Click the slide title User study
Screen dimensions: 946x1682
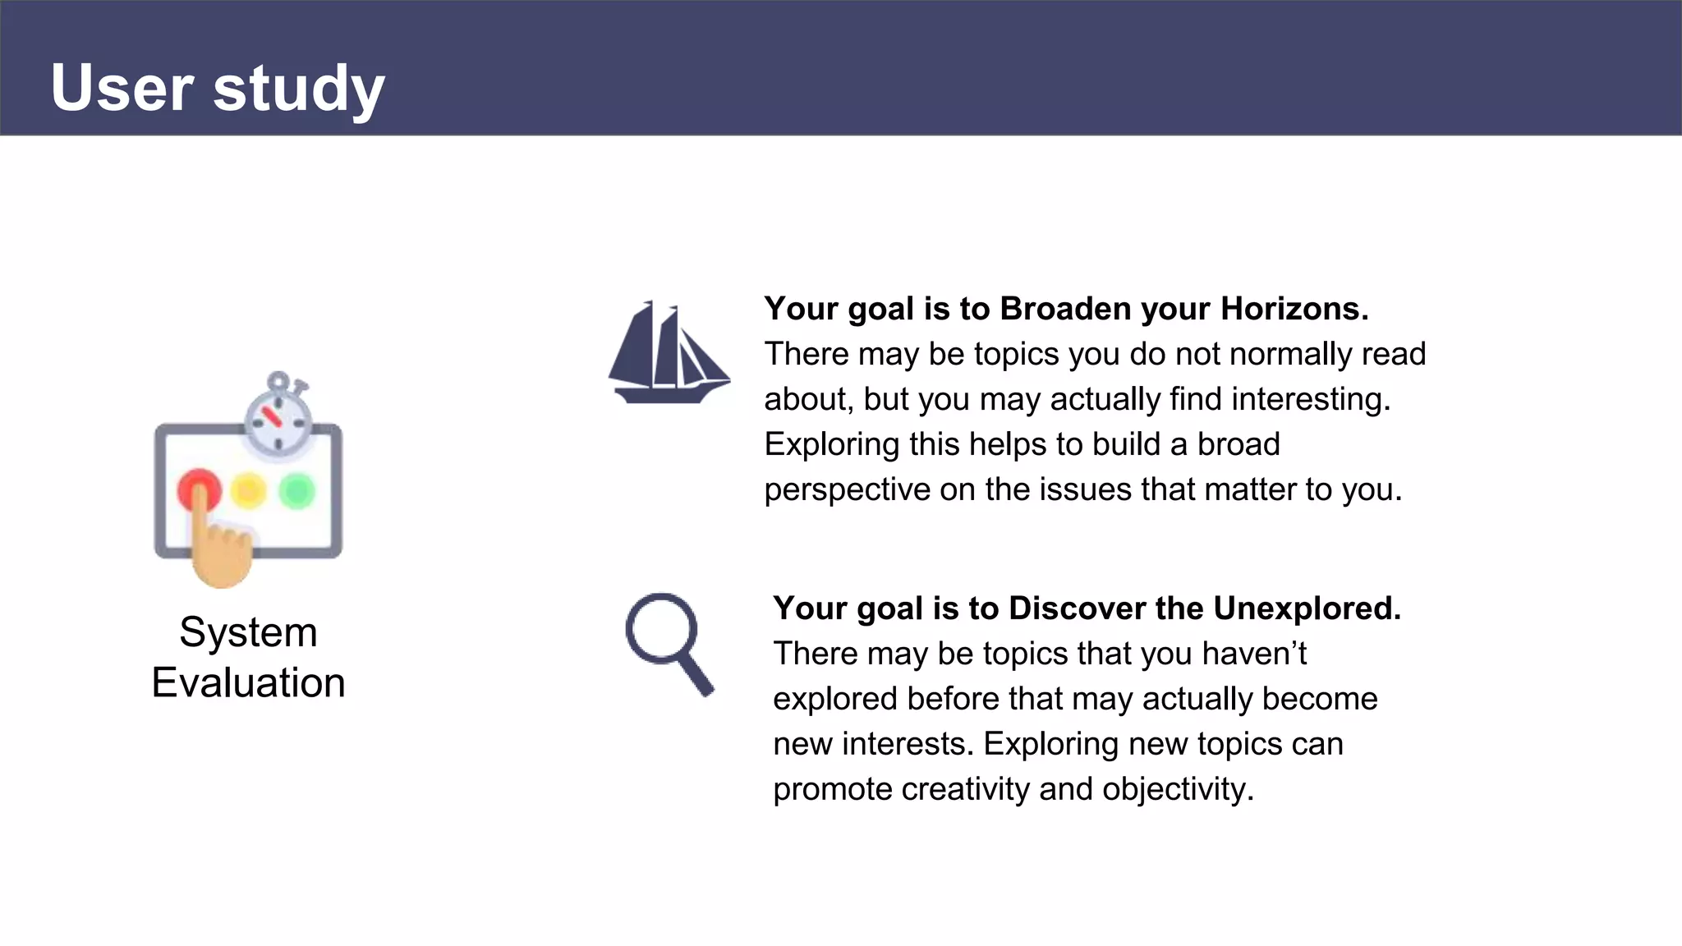[218, 87]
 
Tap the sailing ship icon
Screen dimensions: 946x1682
[667, 353]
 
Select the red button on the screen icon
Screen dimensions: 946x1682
[199, 489]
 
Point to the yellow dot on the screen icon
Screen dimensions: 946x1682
[248, 491]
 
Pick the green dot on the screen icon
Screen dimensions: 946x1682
[296, 491]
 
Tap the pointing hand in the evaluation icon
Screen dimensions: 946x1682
[219, 550]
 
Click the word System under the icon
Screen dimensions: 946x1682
[248, 632]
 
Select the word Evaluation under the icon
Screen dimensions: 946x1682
[248, 683]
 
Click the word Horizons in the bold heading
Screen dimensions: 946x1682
[1294, 309]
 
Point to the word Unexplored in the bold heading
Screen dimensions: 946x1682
[1306, 608]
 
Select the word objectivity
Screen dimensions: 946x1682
[1177, 789]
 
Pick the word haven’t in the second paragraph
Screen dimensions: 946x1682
[1254, 654]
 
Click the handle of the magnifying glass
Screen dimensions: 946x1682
[696, 675]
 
